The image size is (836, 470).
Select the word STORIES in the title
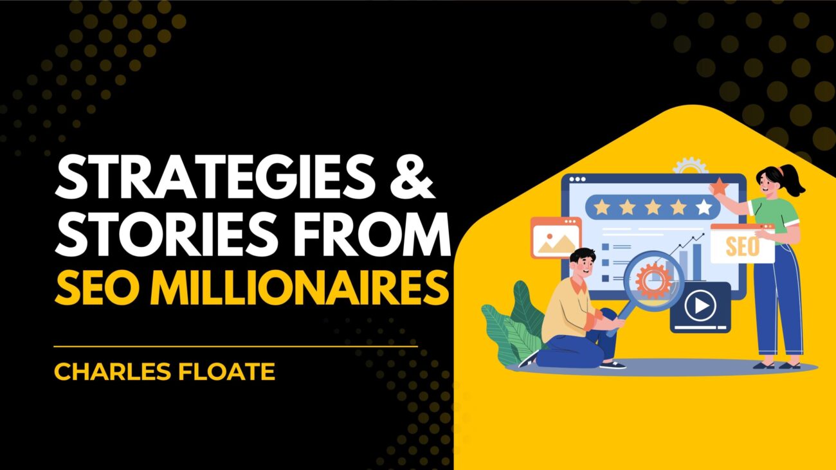click(x=167, y=233)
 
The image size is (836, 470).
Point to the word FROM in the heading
click(x=371, y=233)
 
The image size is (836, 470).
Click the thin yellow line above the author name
click(x=235, y=347)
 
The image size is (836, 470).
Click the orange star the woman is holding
click(x=719, y=186)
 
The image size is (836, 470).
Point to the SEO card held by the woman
click(x=742, y=244)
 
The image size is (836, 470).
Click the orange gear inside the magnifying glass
click(x=653, y=280)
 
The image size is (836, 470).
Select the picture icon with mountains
click(x=556, y=238)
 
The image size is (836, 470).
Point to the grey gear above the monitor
click(x=691, y=166)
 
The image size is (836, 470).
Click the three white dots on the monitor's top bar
click(x=577, y=179)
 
